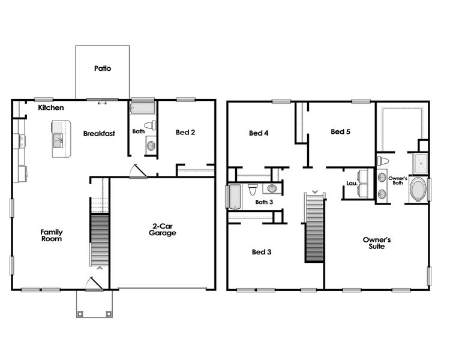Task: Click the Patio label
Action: pos(103,68)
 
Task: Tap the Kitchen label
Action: pos(51,108)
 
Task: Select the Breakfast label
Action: pos(99,134)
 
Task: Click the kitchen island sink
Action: pos(58,141)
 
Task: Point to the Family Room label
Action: pos(52,235)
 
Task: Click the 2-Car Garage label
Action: pos(162,230)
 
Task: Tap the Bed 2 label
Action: pos(185,132)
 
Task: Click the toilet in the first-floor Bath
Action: pos(150,126)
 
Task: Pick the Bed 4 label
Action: pos(259,133)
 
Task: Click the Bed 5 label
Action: pos(340,131)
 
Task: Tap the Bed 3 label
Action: pos(262,252)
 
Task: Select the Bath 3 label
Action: pos(264,202)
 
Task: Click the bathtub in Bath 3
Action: pos(234,196)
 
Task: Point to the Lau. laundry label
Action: pos(352,184)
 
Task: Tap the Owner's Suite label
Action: pos(377,242)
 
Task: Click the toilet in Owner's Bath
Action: pos(383,161)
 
